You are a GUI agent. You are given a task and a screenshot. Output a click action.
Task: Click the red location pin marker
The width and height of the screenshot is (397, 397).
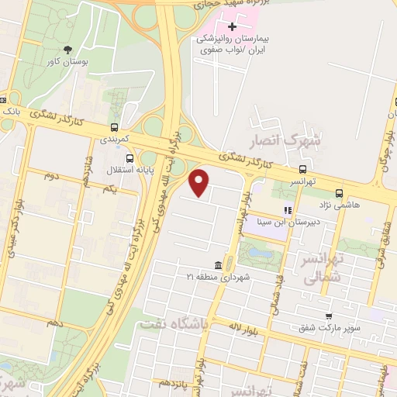click(200, 182)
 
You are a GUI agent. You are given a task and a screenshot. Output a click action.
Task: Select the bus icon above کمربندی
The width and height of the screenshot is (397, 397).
click(115, 128)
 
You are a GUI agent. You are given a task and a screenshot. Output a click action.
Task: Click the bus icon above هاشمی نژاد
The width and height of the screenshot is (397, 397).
click(339, 194)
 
